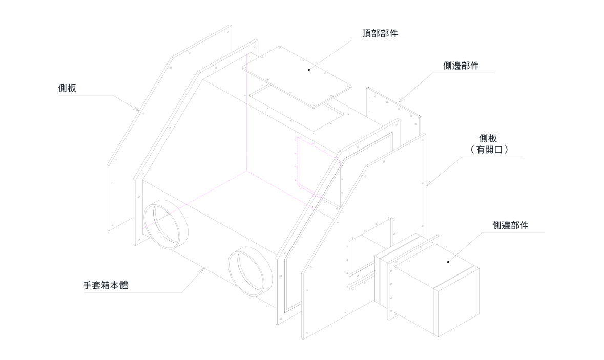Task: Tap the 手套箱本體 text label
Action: (106, 285)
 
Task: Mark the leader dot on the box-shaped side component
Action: (448, 262)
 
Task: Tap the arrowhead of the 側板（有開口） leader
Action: (428, 185)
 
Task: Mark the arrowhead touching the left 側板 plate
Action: (138, 109)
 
